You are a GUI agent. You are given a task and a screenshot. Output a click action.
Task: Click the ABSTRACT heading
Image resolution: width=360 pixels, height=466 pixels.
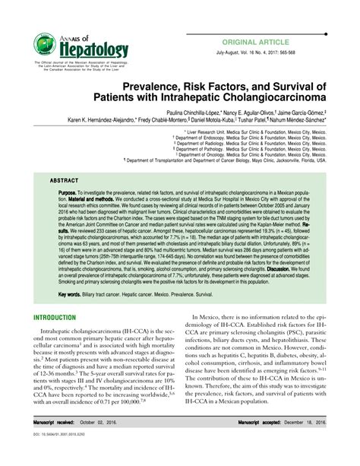point(65,182)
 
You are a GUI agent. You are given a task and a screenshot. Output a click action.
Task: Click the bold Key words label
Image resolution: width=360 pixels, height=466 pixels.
point(71,293)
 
